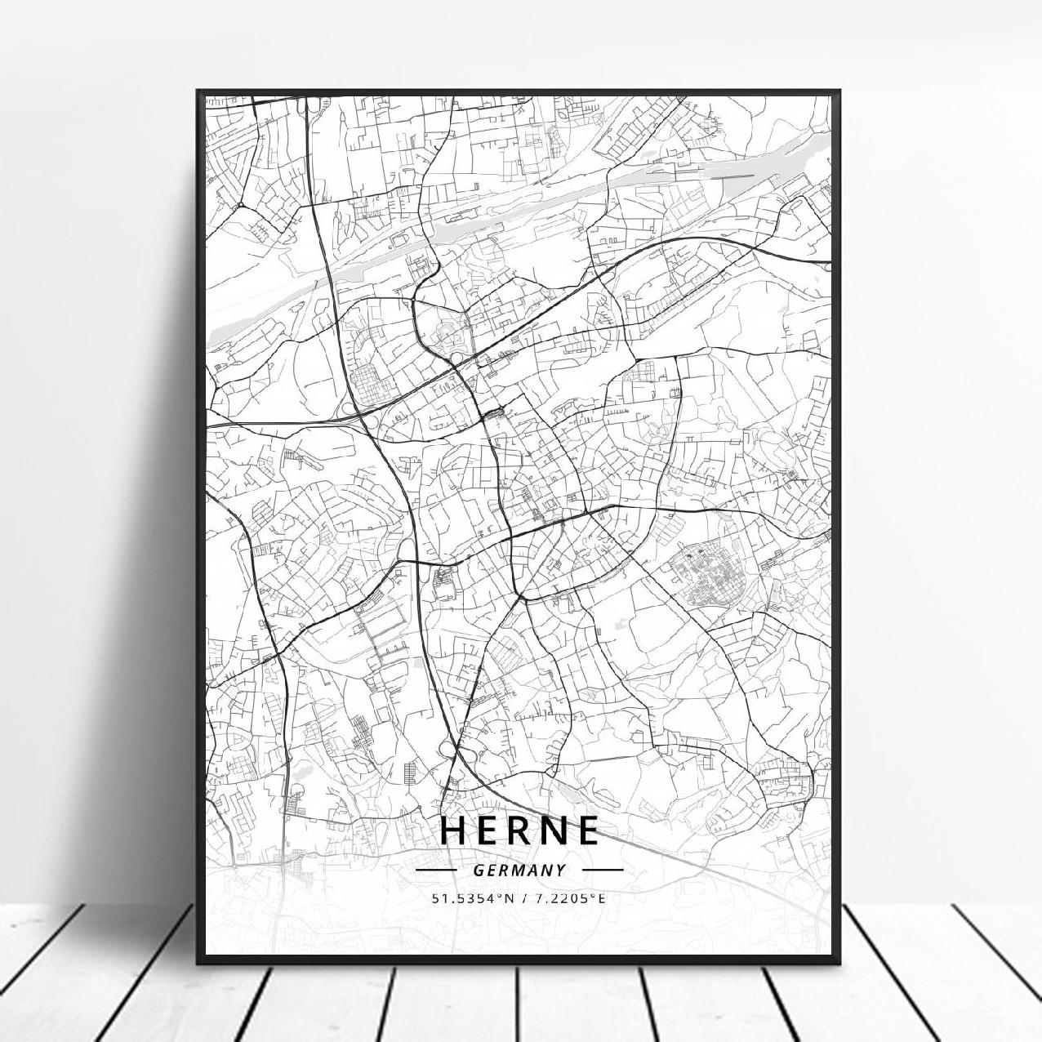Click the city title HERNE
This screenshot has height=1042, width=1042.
519,830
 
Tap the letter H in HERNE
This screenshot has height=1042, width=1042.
454,830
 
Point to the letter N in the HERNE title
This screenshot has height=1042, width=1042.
553,830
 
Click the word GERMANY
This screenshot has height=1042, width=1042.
519,871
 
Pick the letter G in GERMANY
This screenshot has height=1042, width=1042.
477,871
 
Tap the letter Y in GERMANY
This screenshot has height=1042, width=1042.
560,871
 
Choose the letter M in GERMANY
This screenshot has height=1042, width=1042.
519,871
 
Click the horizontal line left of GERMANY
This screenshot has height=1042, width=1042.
437,871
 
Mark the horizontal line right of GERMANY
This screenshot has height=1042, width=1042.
603,871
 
